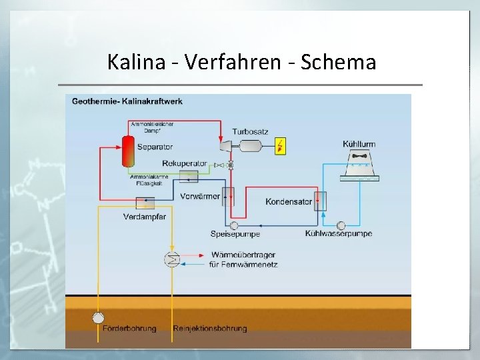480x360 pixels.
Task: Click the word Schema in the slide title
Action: (x=339, y=62)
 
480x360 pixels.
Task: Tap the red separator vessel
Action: (x=127, y=151)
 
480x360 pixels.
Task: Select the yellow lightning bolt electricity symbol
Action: (x=281, y=146)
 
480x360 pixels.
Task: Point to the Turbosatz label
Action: (x=250, y=131)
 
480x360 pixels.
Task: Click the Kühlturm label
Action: (x=359, y=144)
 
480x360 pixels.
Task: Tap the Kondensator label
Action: (x=289, y=201)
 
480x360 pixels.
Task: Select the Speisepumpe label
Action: (x=235, y=234)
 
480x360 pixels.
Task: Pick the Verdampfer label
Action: (x=145, y=217)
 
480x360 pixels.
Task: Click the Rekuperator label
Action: (x=185, y=164)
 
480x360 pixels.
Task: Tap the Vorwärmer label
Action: (x=200, y=196)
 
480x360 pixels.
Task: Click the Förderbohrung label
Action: (x=129, y=328)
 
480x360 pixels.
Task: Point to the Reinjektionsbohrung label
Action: (x=210, y=328)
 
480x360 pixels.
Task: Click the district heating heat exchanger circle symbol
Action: (x=172, y=259)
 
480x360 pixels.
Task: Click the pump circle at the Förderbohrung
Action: (x=99, y=317)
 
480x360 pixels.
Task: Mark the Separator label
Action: (x=155, y=147)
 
